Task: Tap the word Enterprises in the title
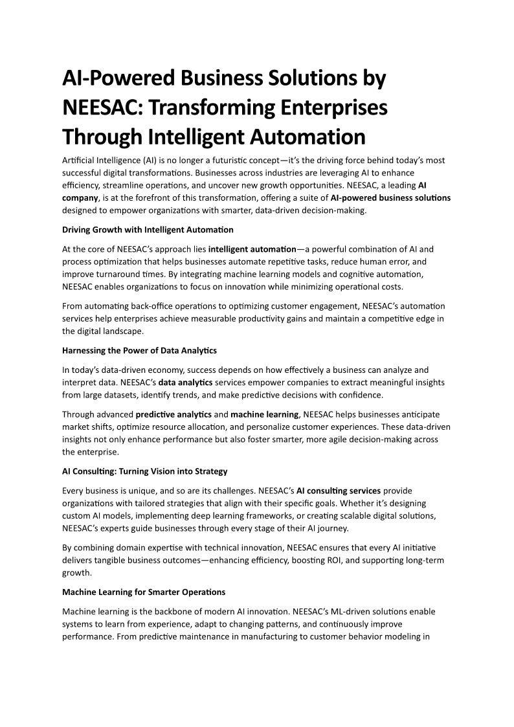click(337, 107)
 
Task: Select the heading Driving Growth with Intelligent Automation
click(148, 230)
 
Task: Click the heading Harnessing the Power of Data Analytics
click(139, 350)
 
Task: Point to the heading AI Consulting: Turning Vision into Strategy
click(144, 471)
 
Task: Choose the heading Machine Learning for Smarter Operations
click(144, 592)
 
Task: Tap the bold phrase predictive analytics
click(173, 414)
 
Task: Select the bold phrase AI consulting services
click(339, 490)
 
